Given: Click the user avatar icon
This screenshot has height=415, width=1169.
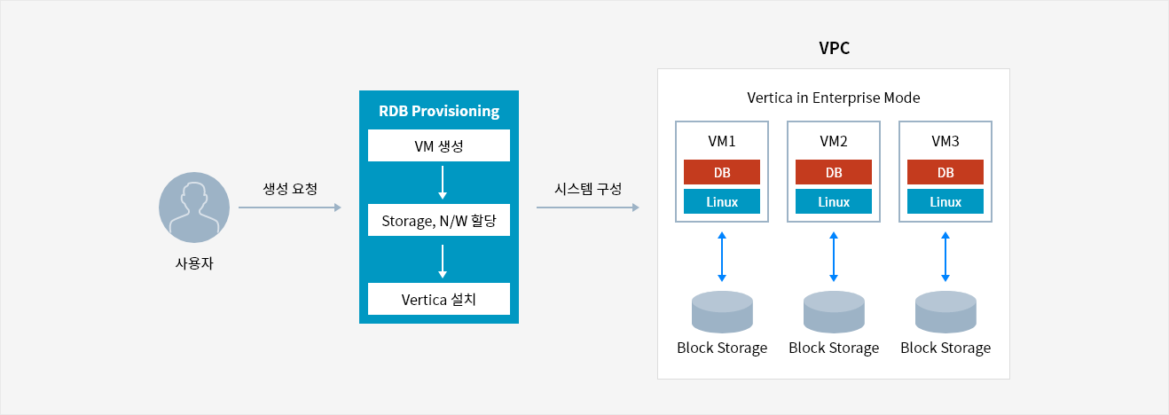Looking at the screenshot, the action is (x=194, y=207).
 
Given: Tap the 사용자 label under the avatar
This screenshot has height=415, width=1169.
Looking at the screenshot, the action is (x=194, y=263).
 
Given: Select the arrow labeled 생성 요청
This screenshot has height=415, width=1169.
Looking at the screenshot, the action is (x=290, y=207).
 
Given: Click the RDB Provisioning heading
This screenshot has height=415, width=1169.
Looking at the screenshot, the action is (x=439, y=111).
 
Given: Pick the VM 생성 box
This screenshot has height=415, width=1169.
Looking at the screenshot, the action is (x=439, y=145).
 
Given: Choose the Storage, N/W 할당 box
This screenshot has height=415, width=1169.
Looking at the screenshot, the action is (x=439, y=220).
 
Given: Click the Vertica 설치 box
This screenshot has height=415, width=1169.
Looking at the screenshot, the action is (x=439, y=299).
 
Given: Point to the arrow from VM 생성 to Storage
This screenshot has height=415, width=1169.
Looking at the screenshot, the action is (x=443, y=183).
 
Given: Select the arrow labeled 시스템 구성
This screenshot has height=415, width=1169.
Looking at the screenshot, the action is (x=588, y=207).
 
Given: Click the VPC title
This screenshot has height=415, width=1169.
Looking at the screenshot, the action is (x=834, y=48).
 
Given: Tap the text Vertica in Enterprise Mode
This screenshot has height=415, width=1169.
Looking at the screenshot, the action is (x=834, y=98).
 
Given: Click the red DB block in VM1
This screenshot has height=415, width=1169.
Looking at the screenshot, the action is (x=722, y=172).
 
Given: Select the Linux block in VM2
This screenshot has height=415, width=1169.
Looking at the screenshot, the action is (x=834, y=201).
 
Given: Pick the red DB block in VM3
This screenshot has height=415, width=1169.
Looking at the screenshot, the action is (x=945, y=172).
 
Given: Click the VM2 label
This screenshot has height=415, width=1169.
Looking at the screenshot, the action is (x=834, y=141).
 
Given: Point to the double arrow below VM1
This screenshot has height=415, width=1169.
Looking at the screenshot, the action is (x=722, y=257).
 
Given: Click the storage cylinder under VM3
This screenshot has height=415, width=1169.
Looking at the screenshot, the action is (x=945, y=311).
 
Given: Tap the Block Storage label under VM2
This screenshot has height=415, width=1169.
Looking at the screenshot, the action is (x=834, y=348).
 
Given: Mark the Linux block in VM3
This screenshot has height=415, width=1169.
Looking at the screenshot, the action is (x=945, y=201).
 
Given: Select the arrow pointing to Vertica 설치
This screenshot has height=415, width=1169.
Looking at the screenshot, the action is (x=443, y=262).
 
